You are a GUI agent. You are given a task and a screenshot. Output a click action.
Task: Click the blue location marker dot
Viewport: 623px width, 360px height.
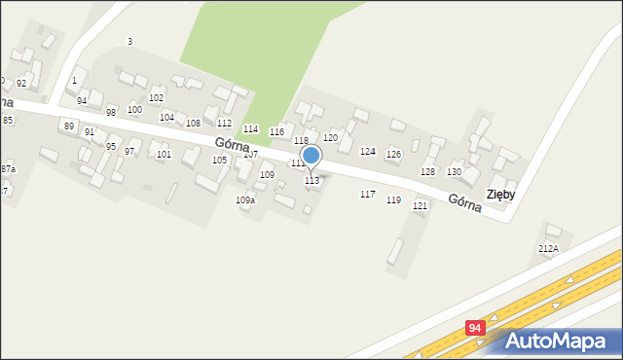click(x=311, y=155)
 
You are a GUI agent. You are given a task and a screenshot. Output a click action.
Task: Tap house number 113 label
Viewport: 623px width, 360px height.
click(x=311, y=181)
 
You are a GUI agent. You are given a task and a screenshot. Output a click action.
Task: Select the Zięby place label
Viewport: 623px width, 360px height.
click(x=500, y=194)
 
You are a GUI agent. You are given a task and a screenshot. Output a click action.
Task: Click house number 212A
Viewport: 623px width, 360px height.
click(x=548, y=249)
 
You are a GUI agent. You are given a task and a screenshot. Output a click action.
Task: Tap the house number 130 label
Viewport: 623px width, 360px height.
click(x=454, y=171)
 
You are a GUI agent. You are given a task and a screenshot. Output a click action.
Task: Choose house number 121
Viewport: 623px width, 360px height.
click(x=420, y=206)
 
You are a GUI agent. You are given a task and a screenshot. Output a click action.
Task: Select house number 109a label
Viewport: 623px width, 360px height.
click(x=245, y=200)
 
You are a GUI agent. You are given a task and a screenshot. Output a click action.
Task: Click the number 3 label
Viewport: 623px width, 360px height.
click(x=129, y=41)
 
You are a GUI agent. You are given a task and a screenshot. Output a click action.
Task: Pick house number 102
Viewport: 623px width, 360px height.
click(x=156, y=98)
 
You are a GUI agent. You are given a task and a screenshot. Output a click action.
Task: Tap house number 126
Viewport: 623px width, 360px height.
click(x=393, y=155)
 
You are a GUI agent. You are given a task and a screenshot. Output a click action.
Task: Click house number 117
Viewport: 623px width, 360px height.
click(x=367, y=195)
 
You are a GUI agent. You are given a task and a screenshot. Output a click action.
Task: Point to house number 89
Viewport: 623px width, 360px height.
click(x=68, y=126)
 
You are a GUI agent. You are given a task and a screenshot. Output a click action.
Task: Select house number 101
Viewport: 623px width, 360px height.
click(x=164, y=155)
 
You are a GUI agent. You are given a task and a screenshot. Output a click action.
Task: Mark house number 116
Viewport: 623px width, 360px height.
click(x=276, y=131)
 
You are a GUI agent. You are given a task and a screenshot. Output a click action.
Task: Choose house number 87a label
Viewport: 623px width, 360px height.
click(x=8, y=169)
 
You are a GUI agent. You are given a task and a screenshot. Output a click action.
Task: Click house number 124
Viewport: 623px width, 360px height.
click(x=367, y=152)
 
